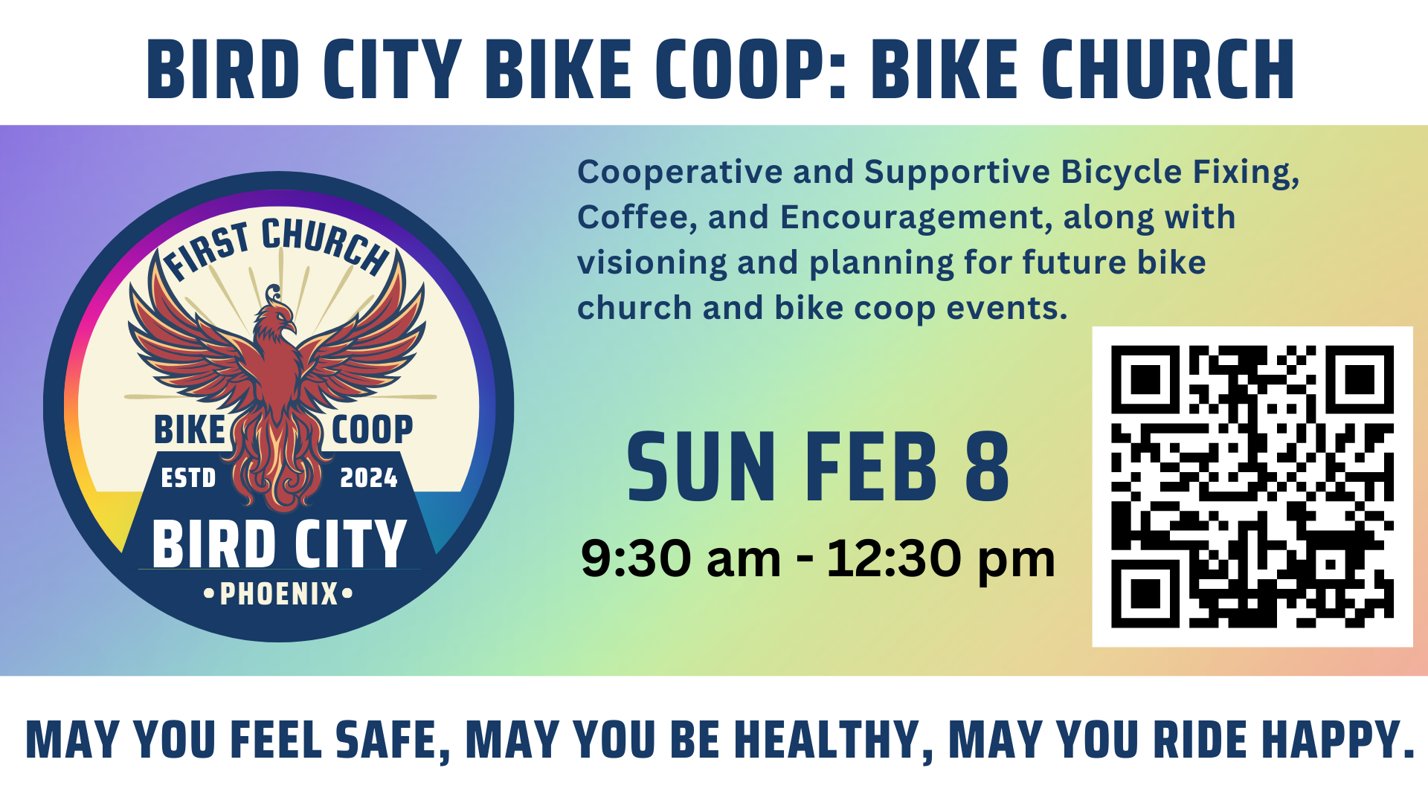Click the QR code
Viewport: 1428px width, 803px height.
[1252, 486]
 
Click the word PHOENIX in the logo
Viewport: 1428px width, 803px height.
[279, 594]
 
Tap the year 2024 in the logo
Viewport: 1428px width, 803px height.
[368, 477]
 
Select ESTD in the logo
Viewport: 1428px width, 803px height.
[188, 477]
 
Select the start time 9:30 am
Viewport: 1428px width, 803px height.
[681, 559]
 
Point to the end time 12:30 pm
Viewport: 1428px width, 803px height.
[941, 559]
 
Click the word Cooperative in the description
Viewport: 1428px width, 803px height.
[680, 172]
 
